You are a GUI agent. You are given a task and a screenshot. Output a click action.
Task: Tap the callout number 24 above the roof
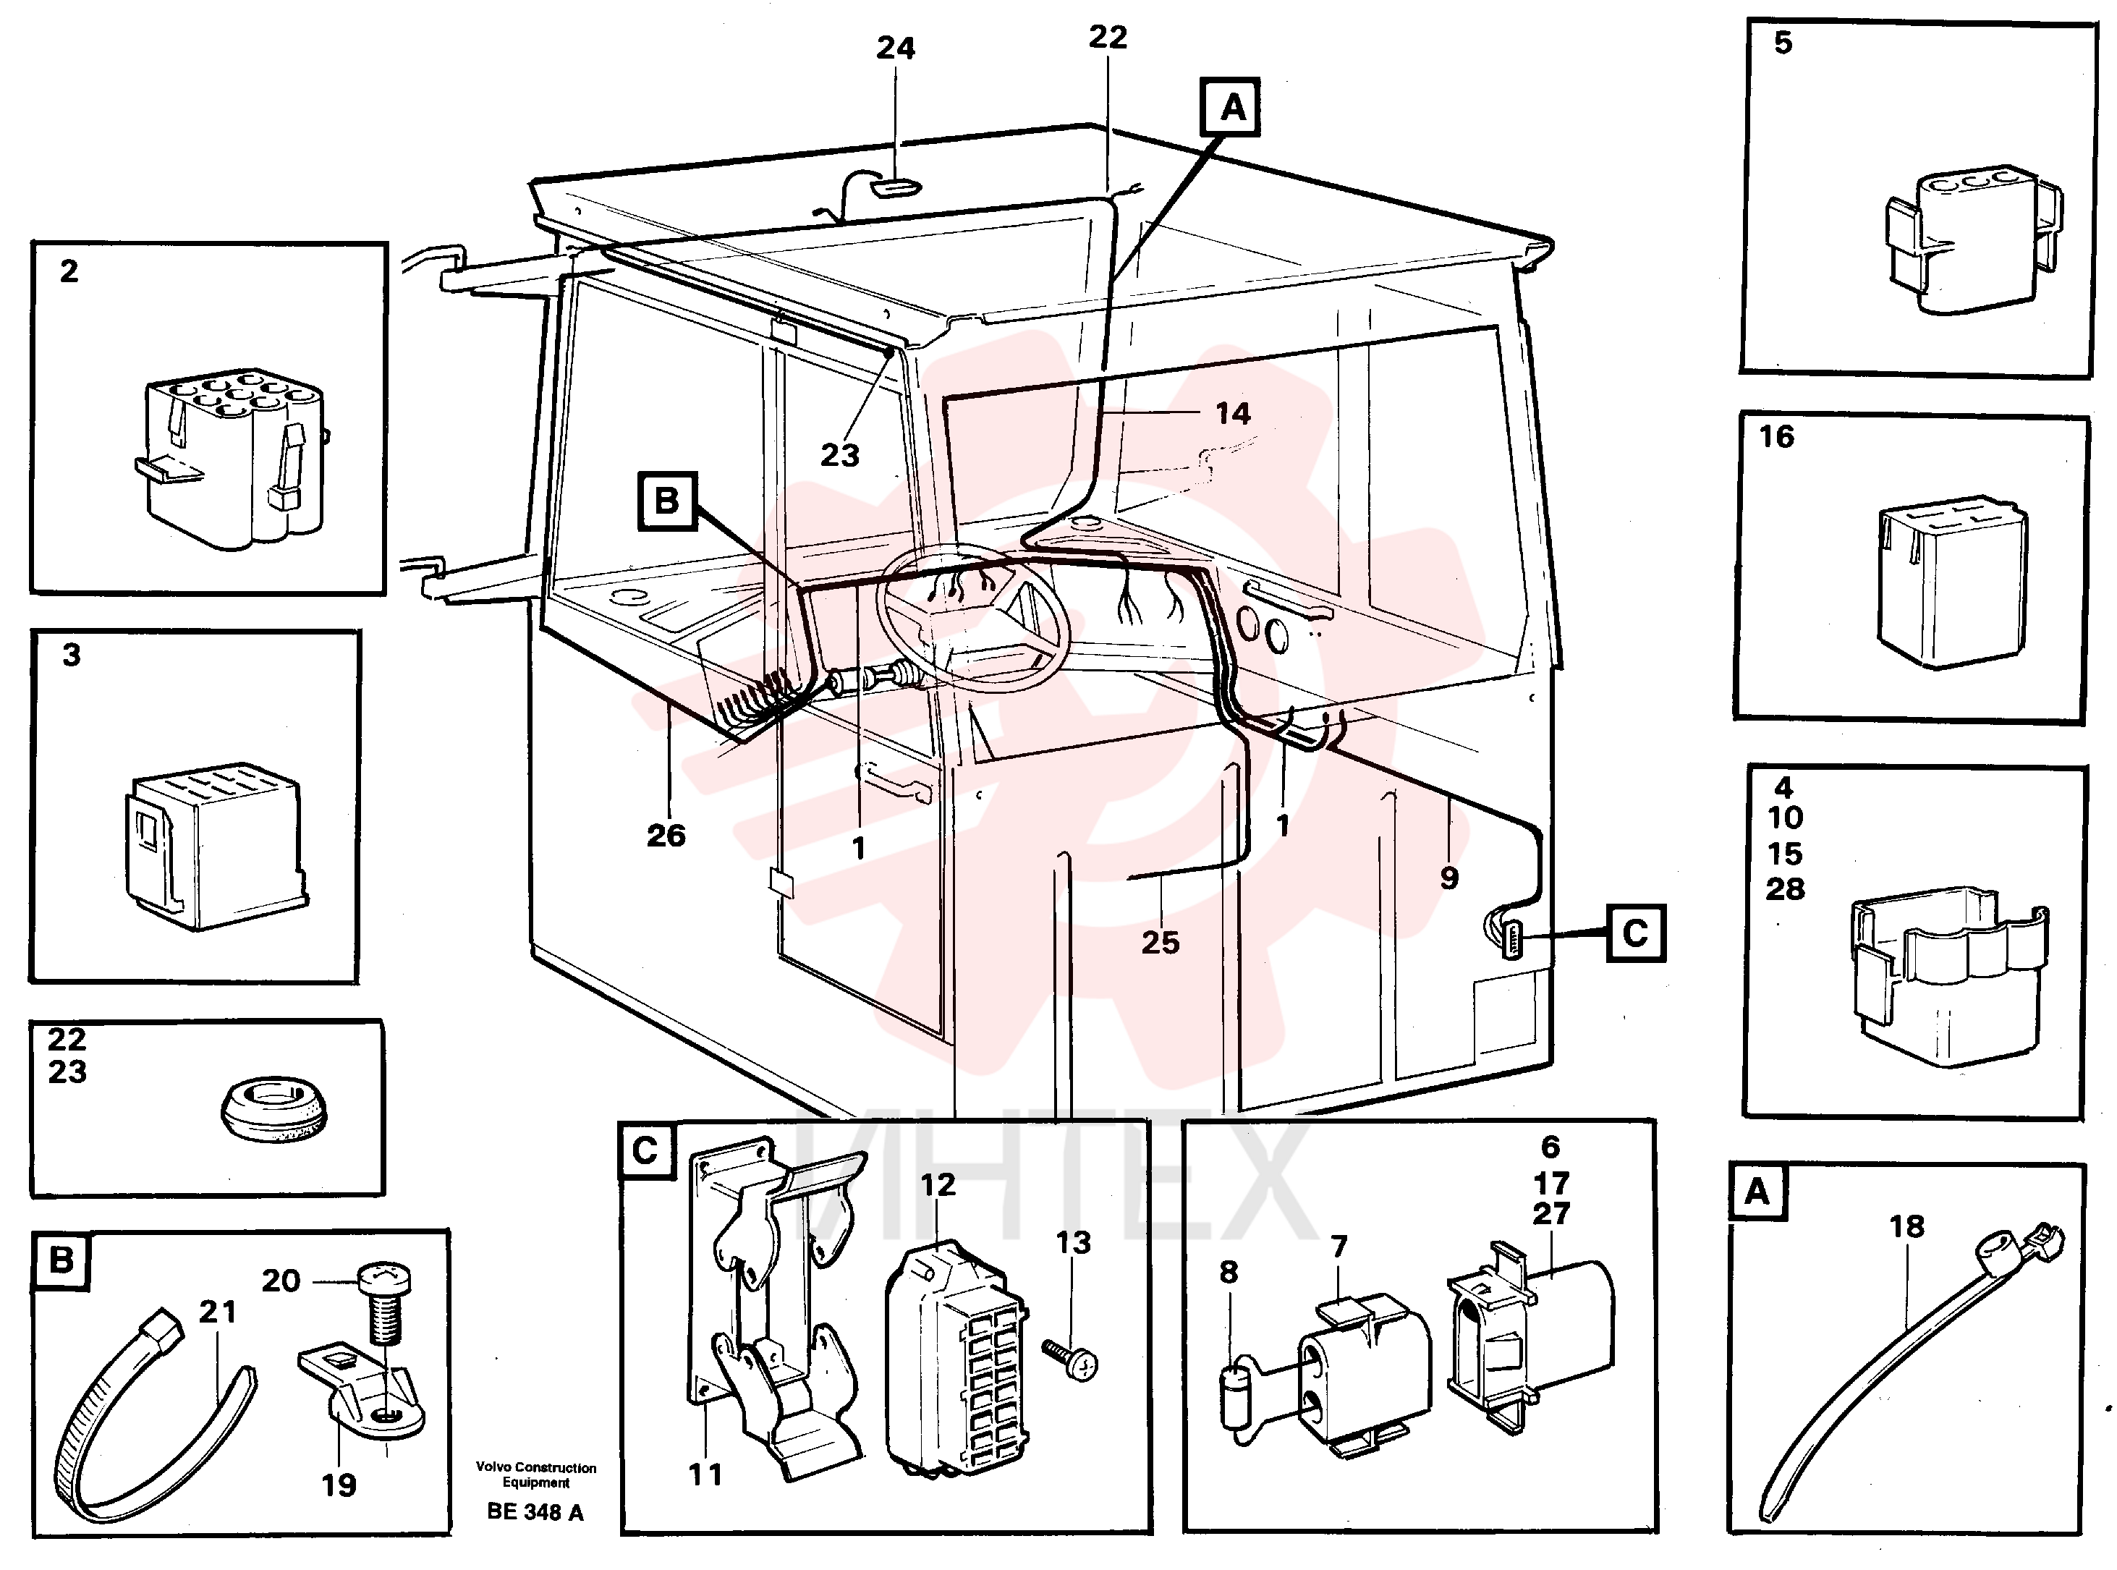(895, 48)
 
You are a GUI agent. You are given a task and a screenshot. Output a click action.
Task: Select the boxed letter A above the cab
(1232, 107)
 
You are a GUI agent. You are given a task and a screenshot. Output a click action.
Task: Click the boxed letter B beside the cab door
(666, 500)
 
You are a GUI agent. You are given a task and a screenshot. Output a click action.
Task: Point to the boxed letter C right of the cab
(1634, 933)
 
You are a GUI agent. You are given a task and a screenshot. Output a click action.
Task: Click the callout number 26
(666, 836)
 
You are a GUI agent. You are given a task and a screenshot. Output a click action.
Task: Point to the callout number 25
(1161, 942)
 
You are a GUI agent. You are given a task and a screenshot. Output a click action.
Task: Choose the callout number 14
(1232, 413)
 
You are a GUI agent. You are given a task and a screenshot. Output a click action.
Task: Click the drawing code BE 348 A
(535, 1512)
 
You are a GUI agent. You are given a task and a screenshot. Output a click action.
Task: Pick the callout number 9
(1449, 877)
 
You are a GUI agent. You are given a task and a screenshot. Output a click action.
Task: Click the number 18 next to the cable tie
(1906, 1226)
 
